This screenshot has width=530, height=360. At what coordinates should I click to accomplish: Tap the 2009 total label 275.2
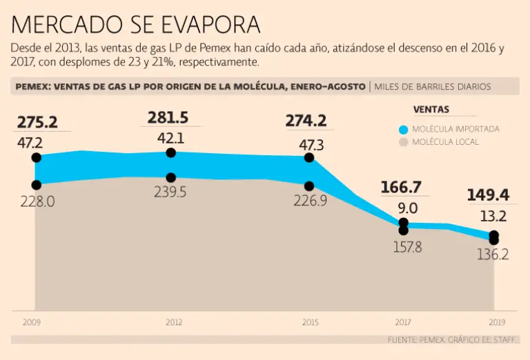click(37, 122)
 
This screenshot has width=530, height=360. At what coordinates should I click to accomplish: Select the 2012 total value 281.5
click(168, 117)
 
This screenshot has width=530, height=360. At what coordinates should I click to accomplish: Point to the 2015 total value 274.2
click(306, 121)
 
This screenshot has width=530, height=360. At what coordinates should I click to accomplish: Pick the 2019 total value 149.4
click(488, 195)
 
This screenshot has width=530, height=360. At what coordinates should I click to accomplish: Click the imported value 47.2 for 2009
click(30, 143)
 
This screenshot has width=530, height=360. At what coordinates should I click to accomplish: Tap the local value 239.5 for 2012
click(170, 192)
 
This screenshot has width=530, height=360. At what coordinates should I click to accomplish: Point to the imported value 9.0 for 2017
click(407, 208)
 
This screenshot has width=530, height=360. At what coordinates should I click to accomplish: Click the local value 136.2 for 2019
click(493, 254)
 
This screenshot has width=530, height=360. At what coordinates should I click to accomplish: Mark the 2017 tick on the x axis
click(403, 322)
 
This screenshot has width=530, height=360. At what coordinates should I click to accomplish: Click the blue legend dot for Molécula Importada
click(404, 129)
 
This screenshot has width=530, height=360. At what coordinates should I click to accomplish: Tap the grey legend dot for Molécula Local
click(404, 142)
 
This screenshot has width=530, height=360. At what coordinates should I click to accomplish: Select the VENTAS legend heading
click(431, 110)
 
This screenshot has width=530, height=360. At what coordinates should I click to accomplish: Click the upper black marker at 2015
click(309, 157)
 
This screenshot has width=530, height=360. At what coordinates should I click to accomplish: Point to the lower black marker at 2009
click(37, 185)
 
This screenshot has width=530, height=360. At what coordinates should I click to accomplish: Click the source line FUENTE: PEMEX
click(453, 339)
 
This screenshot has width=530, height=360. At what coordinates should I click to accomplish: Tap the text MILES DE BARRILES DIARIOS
click(433, 87)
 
